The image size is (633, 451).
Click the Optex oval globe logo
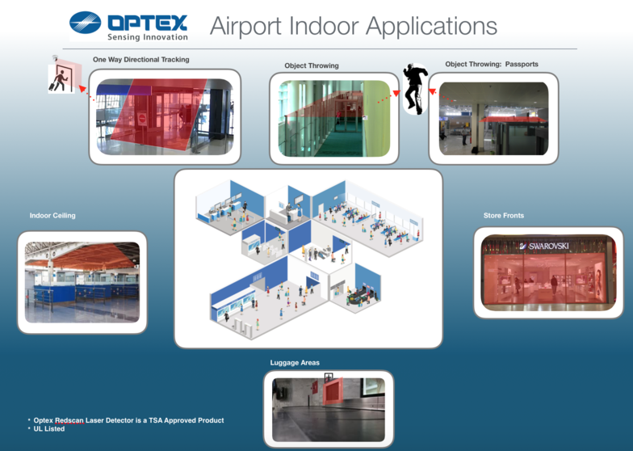(x=86, y=23)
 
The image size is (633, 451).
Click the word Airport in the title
(x=245, y=26)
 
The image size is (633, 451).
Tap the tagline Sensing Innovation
(x=148, y=37)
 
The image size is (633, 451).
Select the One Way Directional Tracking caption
(x=140, y=60)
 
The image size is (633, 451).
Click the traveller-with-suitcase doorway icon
(x=61, y=78)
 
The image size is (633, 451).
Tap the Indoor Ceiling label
(x=52, y=215)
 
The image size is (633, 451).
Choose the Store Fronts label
(x=504, y=215)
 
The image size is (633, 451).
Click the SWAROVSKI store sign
(x=544, y=246)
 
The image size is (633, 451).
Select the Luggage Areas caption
(x=295, y=362)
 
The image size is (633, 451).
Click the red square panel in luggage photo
(x=333, y=391)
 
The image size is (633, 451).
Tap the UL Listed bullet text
(x=48, y=428)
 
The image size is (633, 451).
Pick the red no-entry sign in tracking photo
(x=142, y=119)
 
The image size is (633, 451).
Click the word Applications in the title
(x=431, y=27)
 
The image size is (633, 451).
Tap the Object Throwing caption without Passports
(x=312, y=65)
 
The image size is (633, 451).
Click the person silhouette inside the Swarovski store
(x=554, y=285)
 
